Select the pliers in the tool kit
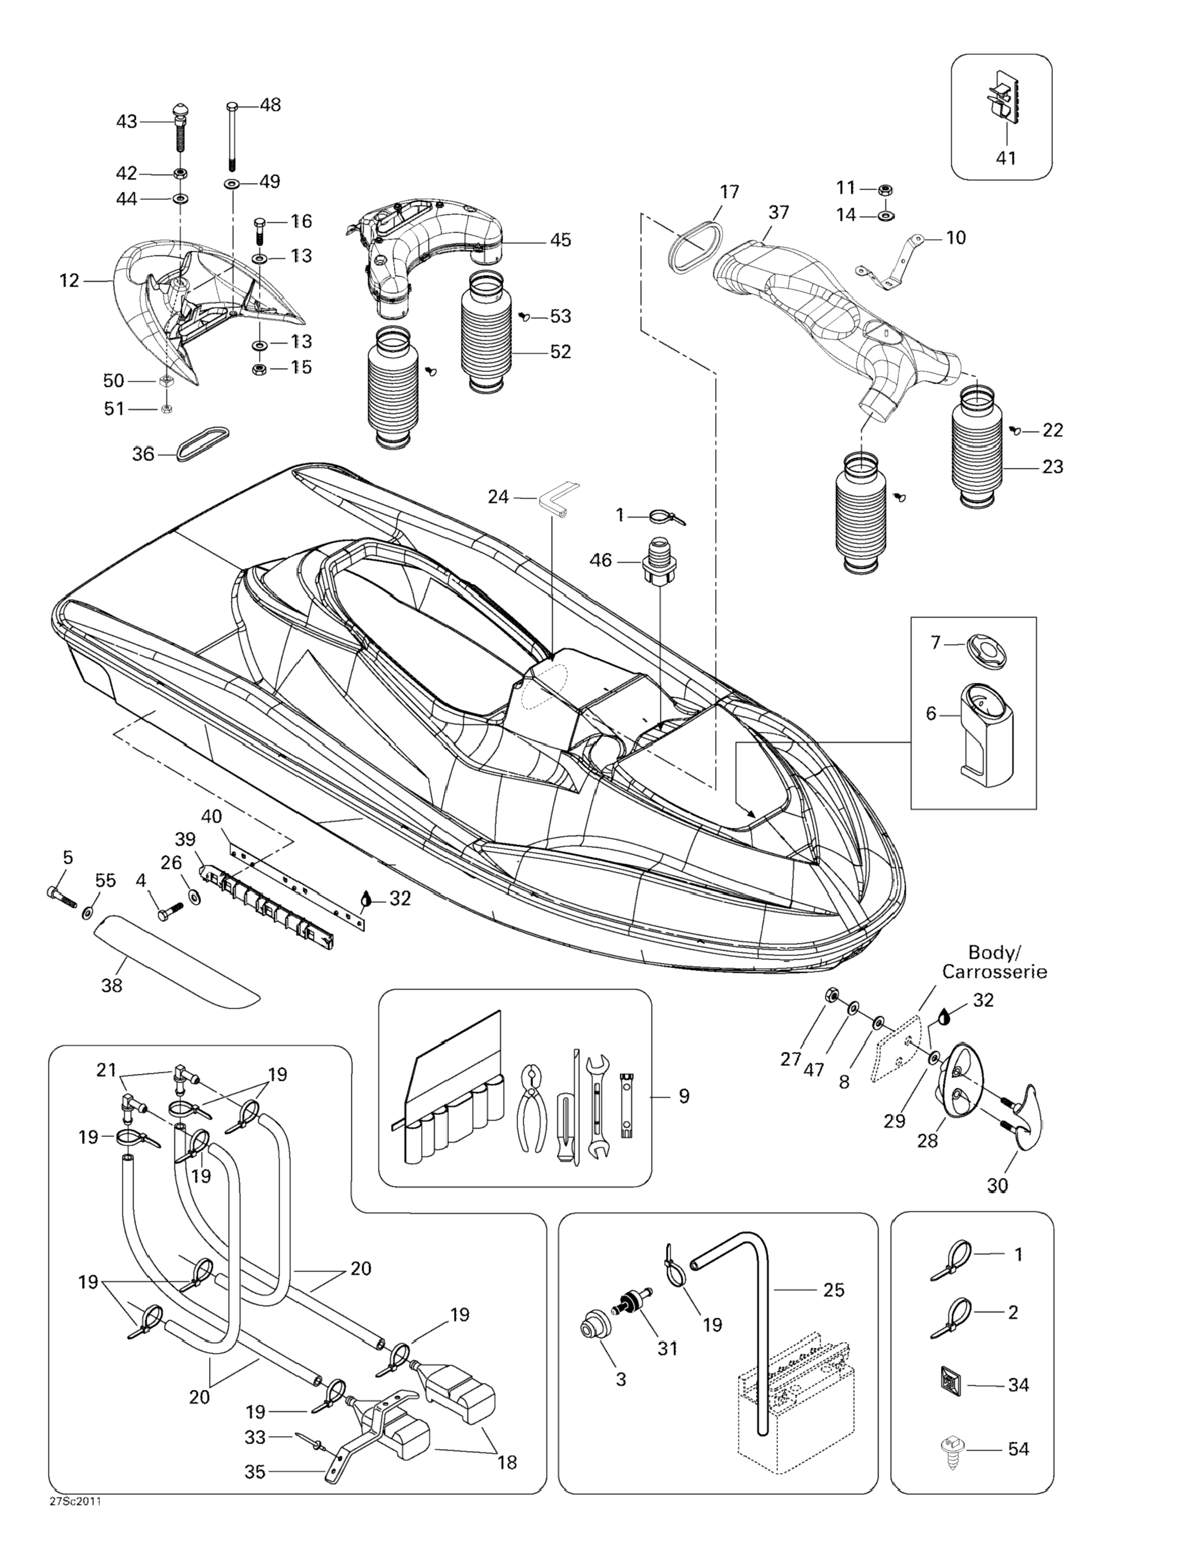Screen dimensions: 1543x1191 click(533, 1110)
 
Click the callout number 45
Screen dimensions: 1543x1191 click(560, 240)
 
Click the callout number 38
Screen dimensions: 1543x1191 click(111, 985)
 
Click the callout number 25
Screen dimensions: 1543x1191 click(833, 1289)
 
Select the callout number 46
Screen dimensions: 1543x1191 click(601, 560)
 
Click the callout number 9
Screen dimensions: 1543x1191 click(684, 1096)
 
